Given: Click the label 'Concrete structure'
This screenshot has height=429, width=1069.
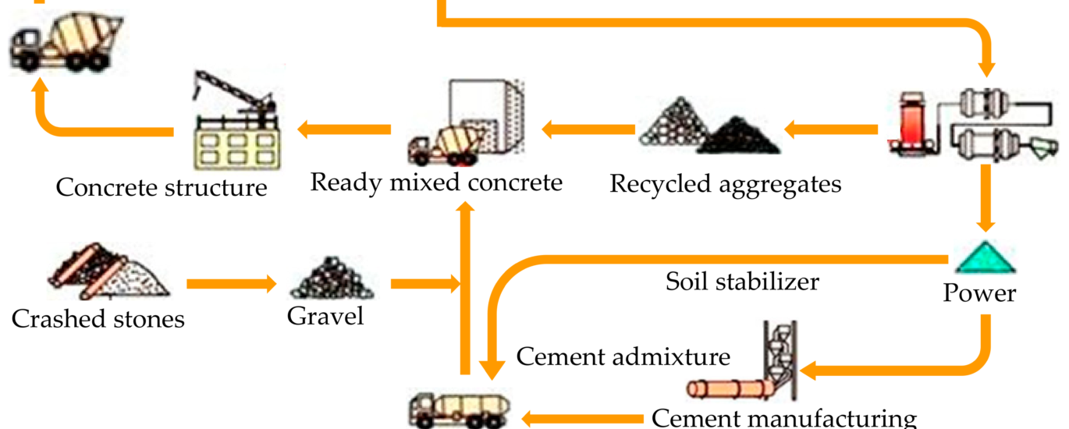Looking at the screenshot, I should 162,188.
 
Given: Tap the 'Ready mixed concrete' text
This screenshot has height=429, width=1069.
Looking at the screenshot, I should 436,183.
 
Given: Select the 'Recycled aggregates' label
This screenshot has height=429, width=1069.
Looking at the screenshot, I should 726,184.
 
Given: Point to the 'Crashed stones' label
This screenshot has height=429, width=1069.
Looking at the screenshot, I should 98,319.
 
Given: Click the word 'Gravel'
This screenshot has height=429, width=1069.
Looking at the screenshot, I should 325,316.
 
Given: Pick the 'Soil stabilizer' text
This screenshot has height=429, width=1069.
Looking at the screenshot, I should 742,280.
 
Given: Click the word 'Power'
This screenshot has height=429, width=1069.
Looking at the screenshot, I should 979,293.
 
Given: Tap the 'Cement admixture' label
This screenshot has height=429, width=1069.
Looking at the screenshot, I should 623,356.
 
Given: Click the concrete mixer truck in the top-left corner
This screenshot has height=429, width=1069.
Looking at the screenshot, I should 67,43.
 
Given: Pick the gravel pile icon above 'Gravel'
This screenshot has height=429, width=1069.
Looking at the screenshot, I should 332,278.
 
